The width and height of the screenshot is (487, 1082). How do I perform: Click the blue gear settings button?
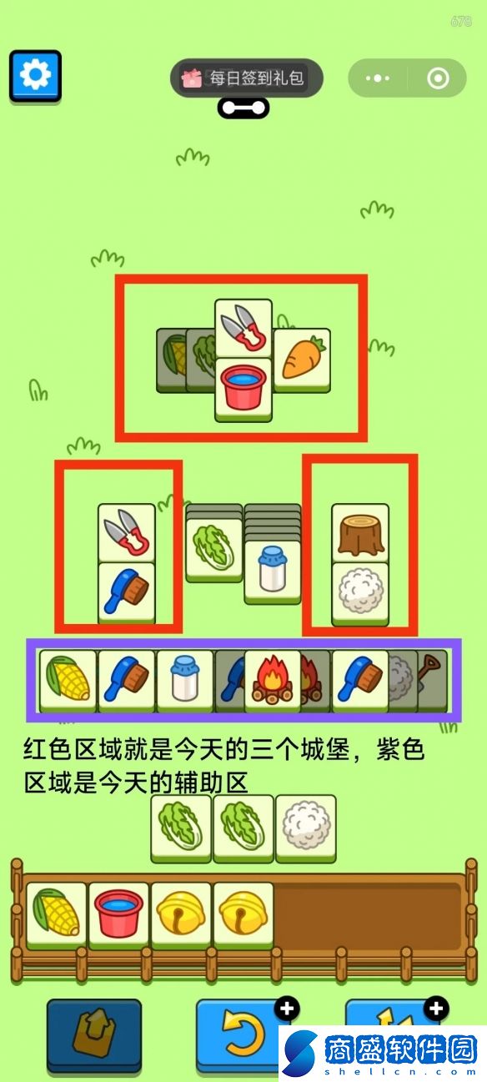tap(35, 76)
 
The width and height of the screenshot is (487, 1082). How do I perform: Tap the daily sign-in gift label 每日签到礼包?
tap(256, 78)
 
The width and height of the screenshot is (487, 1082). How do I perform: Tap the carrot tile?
tap(302, 360)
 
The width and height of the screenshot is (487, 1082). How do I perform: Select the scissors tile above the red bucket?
tap(243, 329)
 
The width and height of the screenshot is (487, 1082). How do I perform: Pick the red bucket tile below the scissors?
tap(243, 390)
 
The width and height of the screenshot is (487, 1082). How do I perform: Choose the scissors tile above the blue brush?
tap(127, 534)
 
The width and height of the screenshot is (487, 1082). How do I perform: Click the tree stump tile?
tap(360, 534)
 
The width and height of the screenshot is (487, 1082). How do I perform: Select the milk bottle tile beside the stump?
tap(273, 572)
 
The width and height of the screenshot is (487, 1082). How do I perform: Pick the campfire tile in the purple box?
tap(273, 681)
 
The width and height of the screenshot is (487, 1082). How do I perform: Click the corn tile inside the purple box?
tap(68, 681)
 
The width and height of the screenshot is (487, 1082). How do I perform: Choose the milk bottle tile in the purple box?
tap(185, 681)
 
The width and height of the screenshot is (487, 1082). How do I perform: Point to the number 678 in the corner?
tap(461, 21)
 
